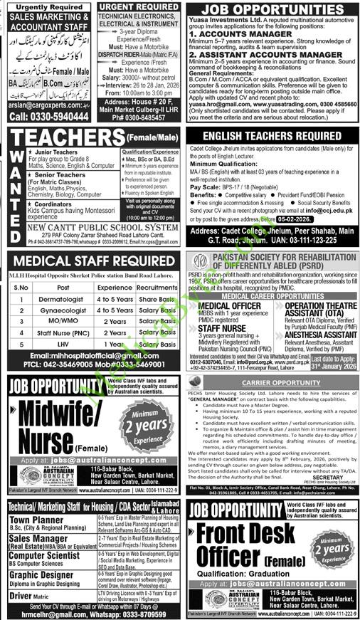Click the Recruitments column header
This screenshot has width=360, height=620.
tap(157, 287)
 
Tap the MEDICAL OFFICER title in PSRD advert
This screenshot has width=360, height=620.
tap(225, 305)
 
